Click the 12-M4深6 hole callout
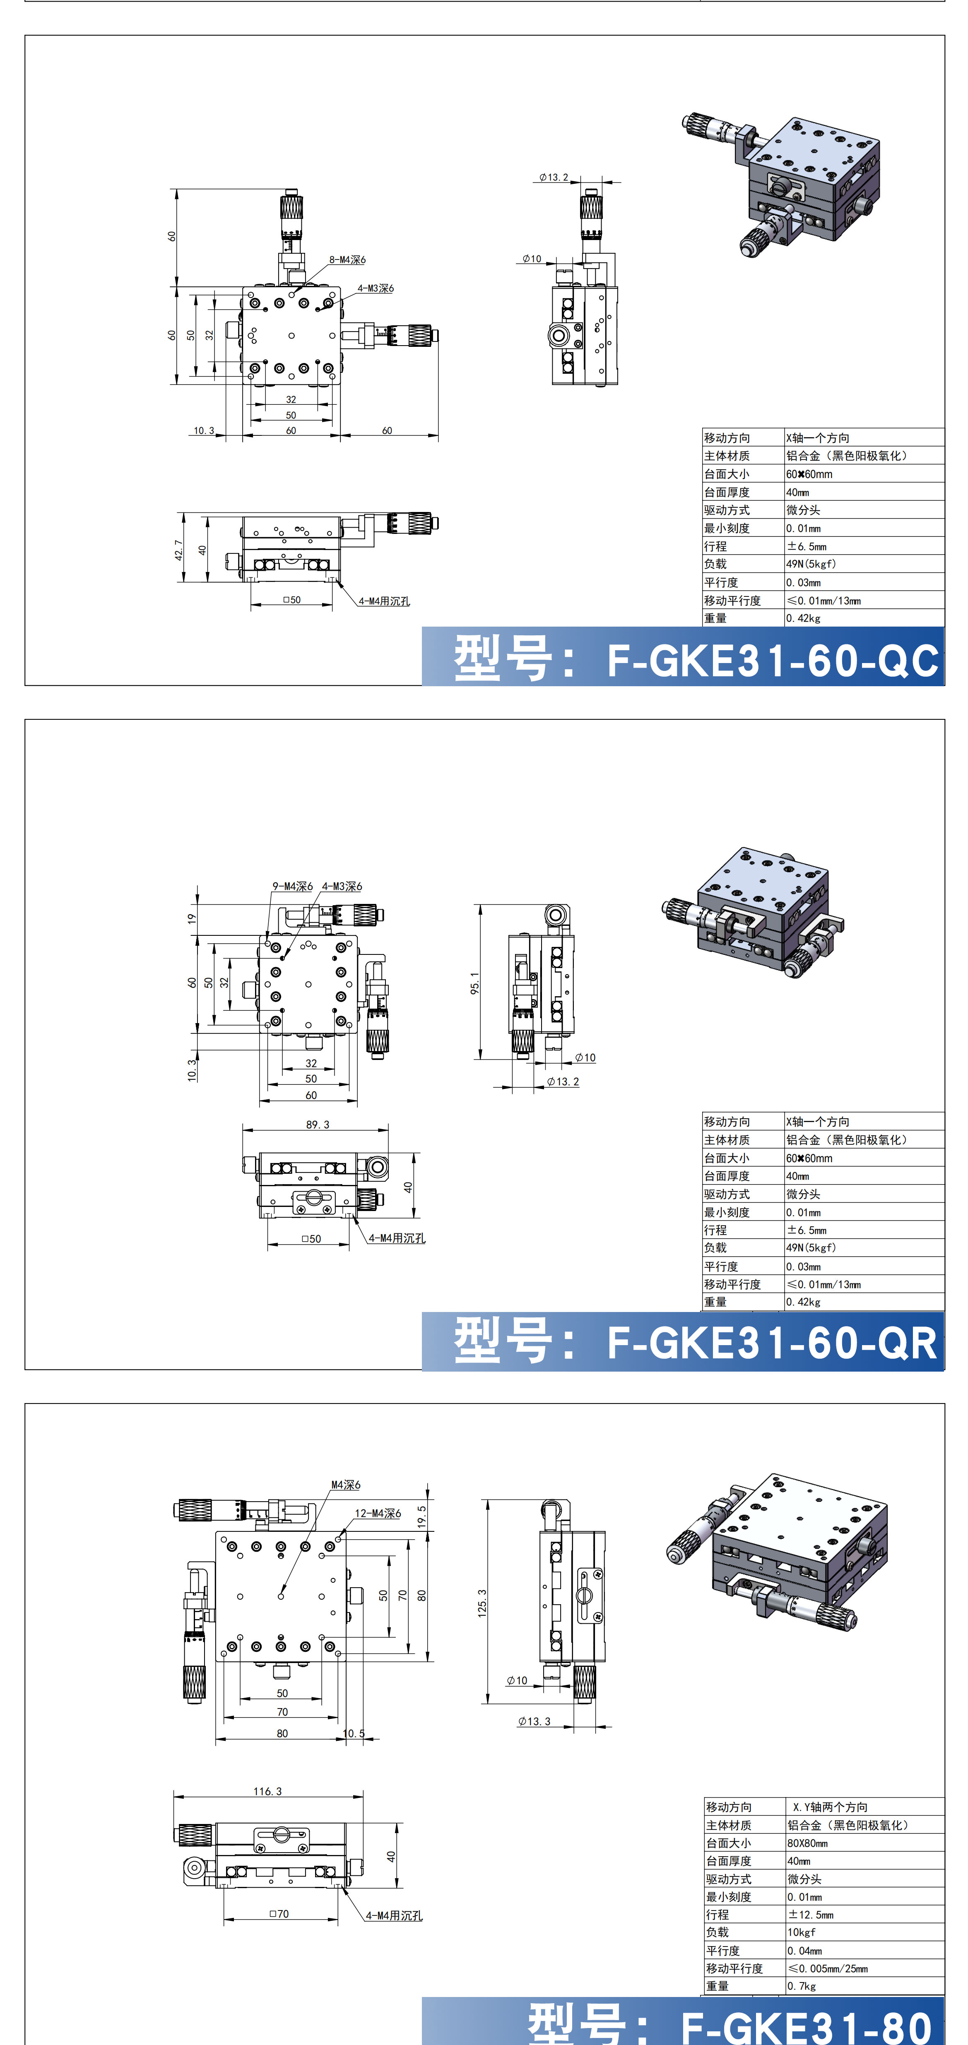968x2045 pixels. [x=378, y=1513]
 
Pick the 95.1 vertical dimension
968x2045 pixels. [x=475, y=983]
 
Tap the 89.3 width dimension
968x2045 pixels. [x=318, y=1124]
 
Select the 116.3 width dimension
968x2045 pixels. [x=267, y=1791]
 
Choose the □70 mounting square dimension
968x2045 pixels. [x=279, y=1913]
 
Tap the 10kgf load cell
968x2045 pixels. [x=801, y=1932]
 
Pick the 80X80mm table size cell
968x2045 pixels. [x=807, y=1843]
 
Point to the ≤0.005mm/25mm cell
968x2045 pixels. [x=828, y=1968]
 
